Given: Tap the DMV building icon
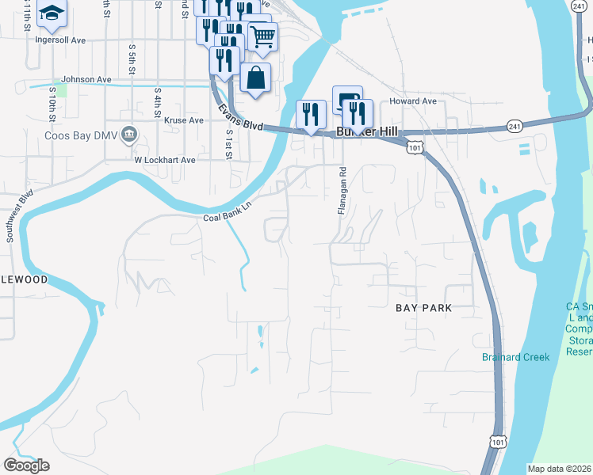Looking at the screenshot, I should tap(129, 136).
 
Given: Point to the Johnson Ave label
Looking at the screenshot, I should tap(86, 79).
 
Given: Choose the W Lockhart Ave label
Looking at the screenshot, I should tap(164, 159).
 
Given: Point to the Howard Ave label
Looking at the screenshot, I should tap(413, 101).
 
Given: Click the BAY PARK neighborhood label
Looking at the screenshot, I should tap(423, 308).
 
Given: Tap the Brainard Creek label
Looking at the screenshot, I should tap(515, 357).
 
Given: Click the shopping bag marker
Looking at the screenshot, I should tap(255, 78).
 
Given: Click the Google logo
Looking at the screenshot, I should tap(26, 465).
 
